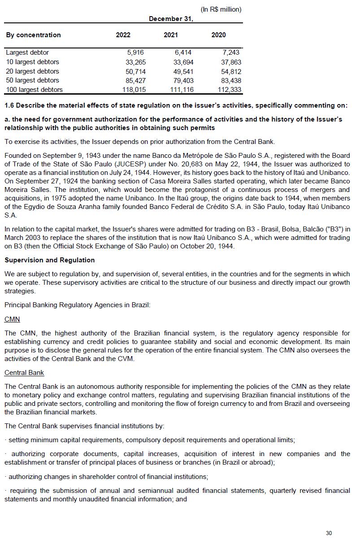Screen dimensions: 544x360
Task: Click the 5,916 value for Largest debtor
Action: pyautogui.click(x=135, y=52)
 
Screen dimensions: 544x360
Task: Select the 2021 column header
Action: pyautogui.click(x=171, y=35)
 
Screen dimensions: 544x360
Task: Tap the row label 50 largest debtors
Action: pyautogui.click(x=32, y=80)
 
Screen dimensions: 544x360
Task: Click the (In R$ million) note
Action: pyautogui.click(x=221, y=9)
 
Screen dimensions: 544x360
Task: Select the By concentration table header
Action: pyautogui.click(x=33, y=35)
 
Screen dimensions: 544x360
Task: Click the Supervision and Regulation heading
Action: pyautogui.click(x=49, y=260)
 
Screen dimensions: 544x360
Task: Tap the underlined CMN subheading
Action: pyautogui.click(x=12, y=319)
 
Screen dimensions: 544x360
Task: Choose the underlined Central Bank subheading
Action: pyautogui.click(x=24, y=373)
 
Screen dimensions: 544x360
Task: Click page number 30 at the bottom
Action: pyautogui.click(x=329, y=533)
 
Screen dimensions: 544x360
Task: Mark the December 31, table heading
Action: pyautogui.click(x=171, y=19)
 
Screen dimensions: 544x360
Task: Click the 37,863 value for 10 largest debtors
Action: pyautogui.click(x=231, y=62)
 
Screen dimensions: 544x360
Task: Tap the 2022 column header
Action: pyautogui.click(x=123, y=35)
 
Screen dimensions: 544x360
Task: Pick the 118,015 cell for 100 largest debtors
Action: pyautogui.click(x=134, y=90)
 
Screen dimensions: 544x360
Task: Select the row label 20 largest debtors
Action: pyautogui.click(x=32, y=71)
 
